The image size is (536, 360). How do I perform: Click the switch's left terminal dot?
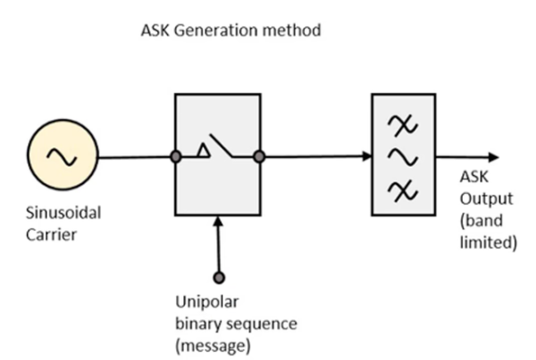tap(176, 157)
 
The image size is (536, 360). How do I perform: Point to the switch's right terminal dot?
tap(259, 157)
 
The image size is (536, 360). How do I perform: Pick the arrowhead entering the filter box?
tap(366, 157)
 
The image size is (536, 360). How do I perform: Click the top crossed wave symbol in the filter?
tap(399, 128)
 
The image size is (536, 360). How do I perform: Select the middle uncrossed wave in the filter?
tap(399, 157)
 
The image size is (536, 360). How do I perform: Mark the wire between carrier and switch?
tap(134, 157)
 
